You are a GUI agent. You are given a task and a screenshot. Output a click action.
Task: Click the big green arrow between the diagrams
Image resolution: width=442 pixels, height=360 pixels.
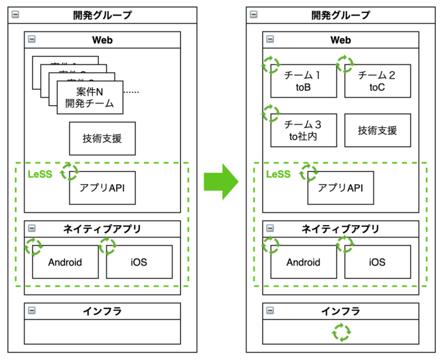tap(220, 180)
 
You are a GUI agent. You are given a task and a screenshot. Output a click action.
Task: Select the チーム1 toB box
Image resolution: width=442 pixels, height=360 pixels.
tap(303, 81)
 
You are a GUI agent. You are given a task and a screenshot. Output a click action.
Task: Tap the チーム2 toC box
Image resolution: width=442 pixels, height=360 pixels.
tap(377, 81)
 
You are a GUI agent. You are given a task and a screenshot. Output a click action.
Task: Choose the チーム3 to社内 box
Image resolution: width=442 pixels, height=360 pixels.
tap(303, 131)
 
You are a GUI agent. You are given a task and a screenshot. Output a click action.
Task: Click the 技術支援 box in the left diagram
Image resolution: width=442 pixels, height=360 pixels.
tap(102, 139)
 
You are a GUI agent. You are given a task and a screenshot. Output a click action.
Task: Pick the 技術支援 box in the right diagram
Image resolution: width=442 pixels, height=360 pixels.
tap(377, 131)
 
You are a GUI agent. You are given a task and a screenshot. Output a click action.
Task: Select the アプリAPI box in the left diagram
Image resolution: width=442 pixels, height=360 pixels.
tap(102, 188)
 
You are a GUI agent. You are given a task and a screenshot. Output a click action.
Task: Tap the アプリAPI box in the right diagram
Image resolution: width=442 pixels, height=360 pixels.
tap(340, 188)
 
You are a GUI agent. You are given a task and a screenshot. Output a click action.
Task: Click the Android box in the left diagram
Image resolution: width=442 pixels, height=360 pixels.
tap(65, 262)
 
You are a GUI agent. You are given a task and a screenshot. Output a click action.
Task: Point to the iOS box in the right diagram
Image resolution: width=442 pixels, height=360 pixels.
tap(377, 262)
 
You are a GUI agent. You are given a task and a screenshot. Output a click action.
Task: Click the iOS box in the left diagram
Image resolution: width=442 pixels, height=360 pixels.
tap(139, 262)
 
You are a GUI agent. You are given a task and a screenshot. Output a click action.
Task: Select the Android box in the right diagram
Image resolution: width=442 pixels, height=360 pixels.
tap(303, 262)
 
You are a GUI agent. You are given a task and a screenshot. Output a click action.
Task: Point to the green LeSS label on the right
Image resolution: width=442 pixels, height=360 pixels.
tap(277, 174)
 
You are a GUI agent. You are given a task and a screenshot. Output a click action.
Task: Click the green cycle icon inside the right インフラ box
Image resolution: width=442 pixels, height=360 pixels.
tap(341, 332)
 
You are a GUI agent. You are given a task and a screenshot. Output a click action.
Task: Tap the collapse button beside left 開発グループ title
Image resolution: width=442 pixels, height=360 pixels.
tap(16, 15)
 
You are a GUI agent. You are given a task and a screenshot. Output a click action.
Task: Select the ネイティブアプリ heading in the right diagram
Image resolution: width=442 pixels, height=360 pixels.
tap(340, 229)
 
